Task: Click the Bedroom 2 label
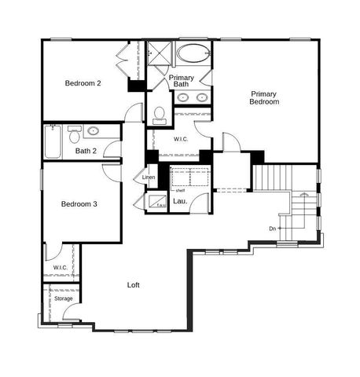[x=83, y=83]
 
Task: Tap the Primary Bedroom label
[x=264, y=97]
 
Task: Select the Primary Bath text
[x=182, y=81]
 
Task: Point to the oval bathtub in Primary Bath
[x=193, y=54]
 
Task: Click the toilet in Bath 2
[x=75, y=131]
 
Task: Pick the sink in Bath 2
[x=94, y=131]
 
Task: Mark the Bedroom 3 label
[x=79, y=204]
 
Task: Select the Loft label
[x=134, y=285]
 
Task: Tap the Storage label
[x=63, y=298]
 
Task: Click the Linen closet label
[x=149, y=178]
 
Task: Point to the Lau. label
[x=179, y=202]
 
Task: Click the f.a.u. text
[x=160, y=205]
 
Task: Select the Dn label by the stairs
[x=272, y=229]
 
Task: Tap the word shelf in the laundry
[x=180, y=189]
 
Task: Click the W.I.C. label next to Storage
[x=61, y=268]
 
